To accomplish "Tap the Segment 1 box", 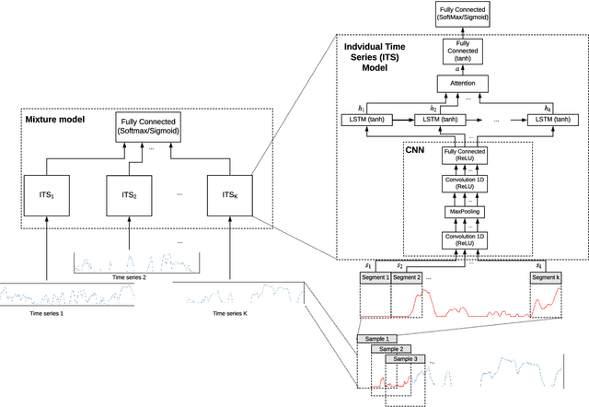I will pyautogui.click(x=375, y=277).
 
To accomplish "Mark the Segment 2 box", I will pyautogui.click(x=406, y=277).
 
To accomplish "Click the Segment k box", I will pyautogui.click(x=547, y=277).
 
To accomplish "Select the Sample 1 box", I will pyautogui.click(x=378, y=339).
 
